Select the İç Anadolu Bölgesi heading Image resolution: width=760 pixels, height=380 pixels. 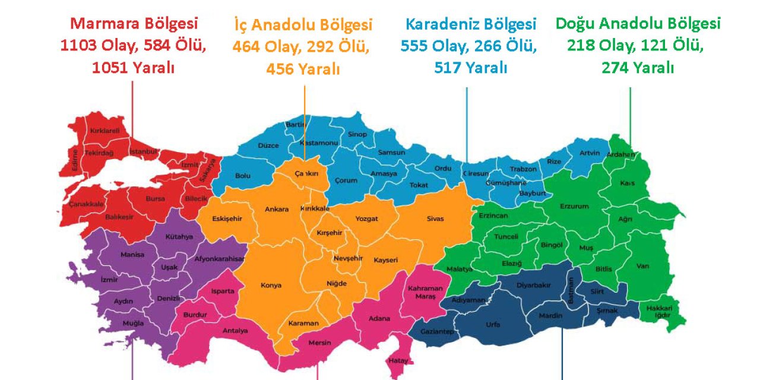coord(303,25)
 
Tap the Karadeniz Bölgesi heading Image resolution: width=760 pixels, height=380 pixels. coord(471,24)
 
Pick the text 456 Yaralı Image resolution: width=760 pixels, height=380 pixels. coord(303,69)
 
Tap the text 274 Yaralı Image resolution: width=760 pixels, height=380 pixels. coord(638,68)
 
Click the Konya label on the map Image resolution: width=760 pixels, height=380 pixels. coord(271,286)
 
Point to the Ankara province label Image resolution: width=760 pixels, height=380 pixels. coord(277,209)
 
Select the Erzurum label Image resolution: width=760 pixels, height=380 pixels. coord(574,206)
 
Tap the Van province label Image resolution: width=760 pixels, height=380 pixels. coord(642,266)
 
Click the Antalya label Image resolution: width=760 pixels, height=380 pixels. coord(235,331)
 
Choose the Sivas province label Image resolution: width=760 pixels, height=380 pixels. coord(435,218)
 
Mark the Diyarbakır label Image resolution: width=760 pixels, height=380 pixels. coord(533,285)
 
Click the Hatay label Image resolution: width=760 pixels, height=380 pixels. coord(397,360)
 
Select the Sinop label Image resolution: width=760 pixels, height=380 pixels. coord(357,134)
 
